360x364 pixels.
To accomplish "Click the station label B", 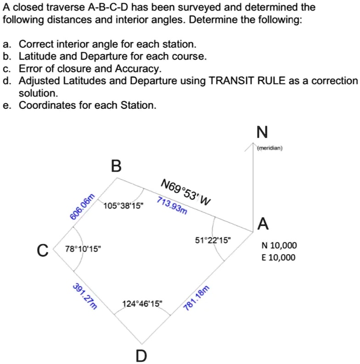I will (117, 166).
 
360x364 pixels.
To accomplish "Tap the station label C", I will (42, 251).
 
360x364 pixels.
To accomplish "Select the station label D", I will (142, 354).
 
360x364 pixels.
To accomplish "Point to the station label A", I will (263, 224).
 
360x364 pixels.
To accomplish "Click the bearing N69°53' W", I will (186, 193).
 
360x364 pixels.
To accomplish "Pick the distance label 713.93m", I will (172, 206).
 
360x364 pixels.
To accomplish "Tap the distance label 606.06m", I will (83, 207).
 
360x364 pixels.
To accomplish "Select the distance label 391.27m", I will (85, 297).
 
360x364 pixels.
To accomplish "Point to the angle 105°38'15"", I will (123, 205).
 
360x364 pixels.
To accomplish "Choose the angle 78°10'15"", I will (84, 249).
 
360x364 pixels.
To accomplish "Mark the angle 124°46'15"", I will (142, 304).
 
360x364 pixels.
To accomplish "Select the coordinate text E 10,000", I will (278, 257).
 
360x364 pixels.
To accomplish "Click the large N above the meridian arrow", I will (262, 132).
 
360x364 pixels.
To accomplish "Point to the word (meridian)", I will (270, 148).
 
